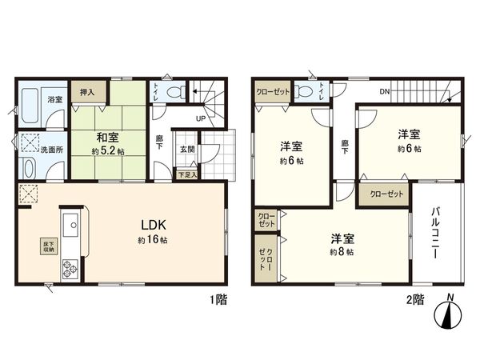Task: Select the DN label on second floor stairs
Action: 385,92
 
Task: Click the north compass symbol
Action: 451,318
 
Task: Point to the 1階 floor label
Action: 218,300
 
